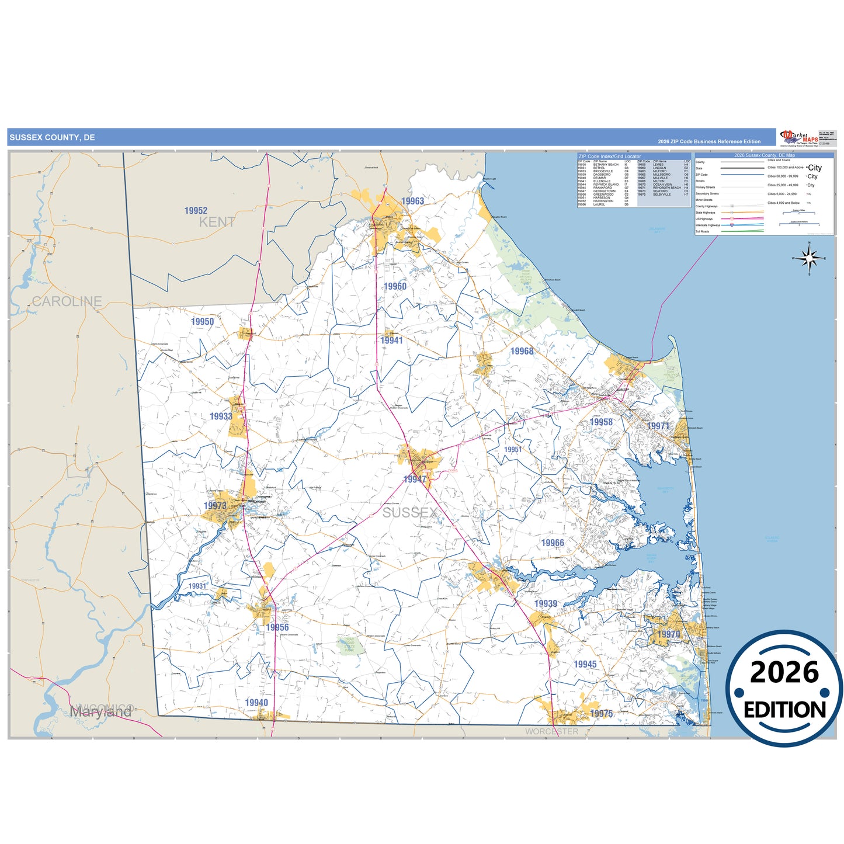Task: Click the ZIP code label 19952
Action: tap(196, 211)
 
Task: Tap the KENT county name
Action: tap(217, 223)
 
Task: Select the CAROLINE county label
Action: tap(67, 301)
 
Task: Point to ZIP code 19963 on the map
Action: tap(412, 202)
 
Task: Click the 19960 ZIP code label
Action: tap(395, 286)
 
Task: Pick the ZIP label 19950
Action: tap(202, 322)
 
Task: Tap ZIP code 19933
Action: tap(221, 416)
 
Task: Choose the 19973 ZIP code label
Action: tap(215, 506)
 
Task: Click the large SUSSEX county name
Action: tap(409, 513)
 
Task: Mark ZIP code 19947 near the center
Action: tap(415, 480)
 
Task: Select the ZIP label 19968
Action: tap(522, 351)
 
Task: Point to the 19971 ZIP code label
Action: tap(658, 426)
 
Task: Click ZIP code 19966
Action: tap(553, 543)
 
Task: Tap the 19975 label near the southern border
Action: tap(601, 713)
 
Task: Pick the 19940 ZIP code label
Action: tap(256, 703)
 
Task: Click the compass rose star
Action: tap(809, 258)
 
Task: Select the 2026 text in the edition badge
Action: tap(784, 673)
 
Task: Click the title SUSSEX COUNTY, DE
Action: tap(52, 138)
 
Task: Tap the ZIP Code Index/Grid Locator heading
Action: tap(609, 157)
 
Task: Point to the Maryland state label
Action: tap(100, 712)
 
